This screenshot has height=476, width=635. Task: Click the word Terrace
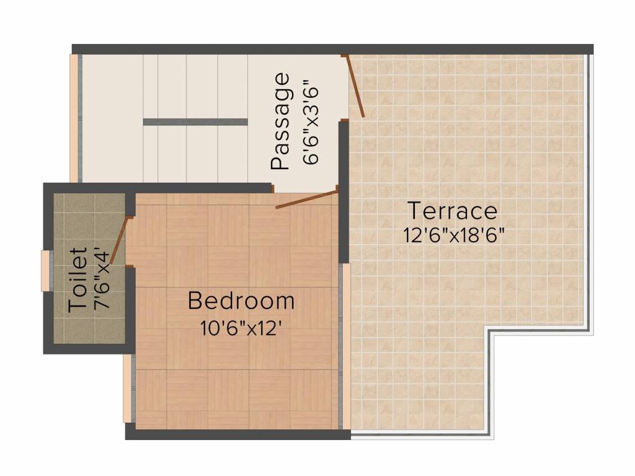tap(452, 211)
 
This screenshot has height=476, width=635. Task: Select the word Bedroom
tap(241, 301)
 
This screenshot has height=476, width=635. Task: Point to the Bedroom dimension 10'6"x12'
tap(241, 327)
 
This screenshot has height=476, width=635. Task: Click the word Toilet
tap(78, 280)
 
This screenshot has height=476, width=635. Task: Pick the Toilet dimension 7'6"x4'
tap(102, 280)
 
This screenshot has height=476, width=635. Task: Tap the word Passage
tap(280, 121)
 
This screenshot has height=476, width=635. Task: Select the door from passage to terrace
tap(355, 86)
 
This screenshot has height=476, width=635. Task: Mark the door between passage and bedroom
tap(306, 200)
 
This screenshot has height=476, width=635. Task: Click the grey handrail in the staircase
tap(195, 122)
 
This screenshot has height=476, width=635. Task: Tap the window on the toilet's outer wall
tap(45, 270)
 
